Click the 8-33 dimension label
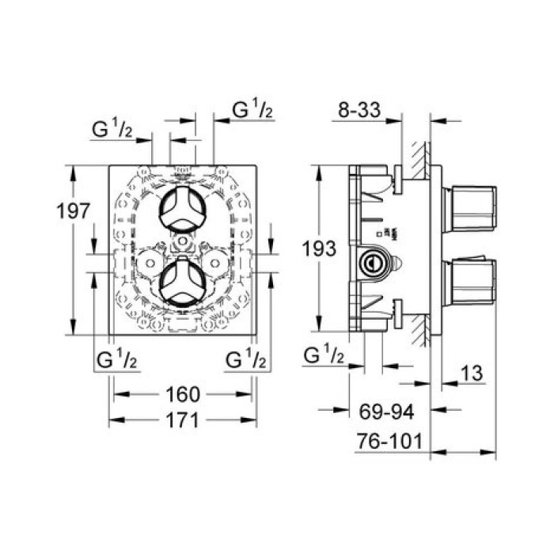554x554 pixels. tap(361, 112)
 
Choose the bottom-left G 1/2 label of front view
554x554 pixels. tap(117, 360)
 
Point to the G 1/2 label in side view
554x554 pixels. tap(322, 357)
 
